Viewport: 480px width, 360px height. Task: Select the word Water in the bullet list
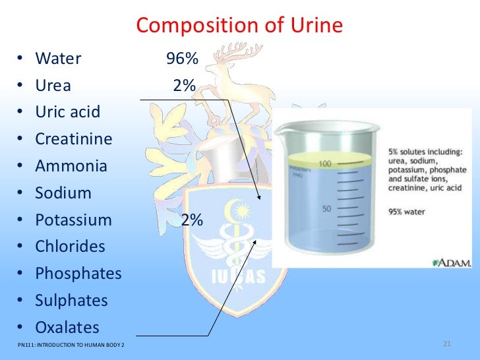pyautogui.click(x=58, y=59)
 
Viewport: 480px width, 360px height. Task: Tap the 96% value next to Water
pyautogui.click(x=182, y=59)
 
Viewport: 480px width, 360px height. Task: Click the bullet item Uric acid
pyautogui.click(x=67, y=112)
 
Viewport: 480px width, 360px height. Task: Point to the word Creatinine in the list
pyautogui.click(x=73, y=139)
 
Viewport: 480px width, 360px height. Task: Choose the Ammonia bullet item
pyautogui.click(x=71, y=166)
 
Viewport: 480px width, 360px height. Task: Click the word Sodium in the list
pyautogui.click(x=63, y=193)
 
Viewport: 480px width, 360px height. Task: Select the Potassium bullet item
pyautogui.click(x=73, y=220)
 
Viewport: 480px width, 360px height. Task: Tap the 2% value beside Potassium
pyautogui.click(x=192, y=220)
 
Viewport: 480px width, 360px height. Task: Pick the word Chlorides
pyautogui.click(x=70, y=247)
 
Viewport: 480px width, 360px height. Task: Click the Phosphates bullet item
pyautogui.click(x=78, y=274)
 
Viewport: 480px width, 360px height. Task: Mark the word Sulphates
pyautogui.click(x=71, y=301)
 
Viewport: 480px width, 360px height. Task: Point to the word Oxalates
pyautogui.click(x=67, y=328)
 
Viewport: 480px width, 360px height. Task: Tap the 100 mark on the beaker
pyautogui.click(x=324, y=163)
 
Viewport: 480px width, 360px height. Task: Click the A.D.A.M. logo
pyautogui.click(x=452, y=262)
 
